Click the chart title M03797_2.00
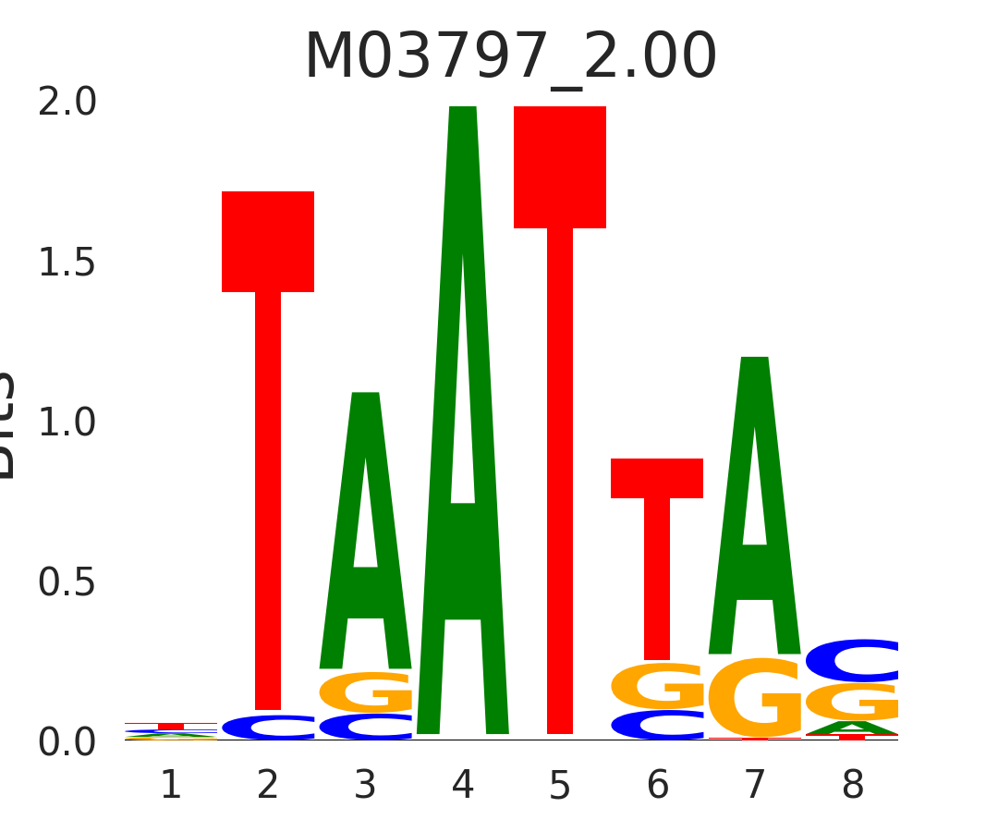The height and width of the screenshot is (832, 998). [x=510, y=57]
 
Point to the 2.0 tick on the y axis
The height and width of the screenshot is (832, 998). [x=67, y=103]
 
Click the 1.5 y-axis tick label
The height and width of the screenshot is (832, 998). [x=67, y=263]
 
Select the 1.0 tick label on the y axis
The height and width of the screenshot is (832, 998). [x=67, y=423]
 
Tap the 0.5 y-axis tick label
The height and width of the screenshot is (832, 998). [x=67, y=583]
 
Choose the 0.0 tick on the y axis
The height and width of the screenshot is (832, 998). [x=67, y=743]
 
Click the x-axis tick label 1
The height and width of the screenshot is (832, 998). [x=171, y=786]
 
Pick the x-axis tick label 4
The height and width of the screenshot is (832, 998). [x=463, y=786]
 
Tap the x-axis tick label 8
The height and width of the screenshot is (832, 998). [x=852, y=786]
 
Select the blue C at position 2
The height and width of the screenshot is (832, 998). [x=268, y=728]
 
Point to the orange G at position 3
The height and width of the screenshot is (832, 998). [x=366, y=691]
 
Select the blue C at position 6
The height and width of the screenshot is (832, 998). [x=657, y=725]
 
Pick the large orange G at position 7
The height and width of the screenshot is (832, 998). [x=755, y=698]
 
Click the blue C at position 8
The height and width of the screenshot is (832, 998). [x=852, y=660]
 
